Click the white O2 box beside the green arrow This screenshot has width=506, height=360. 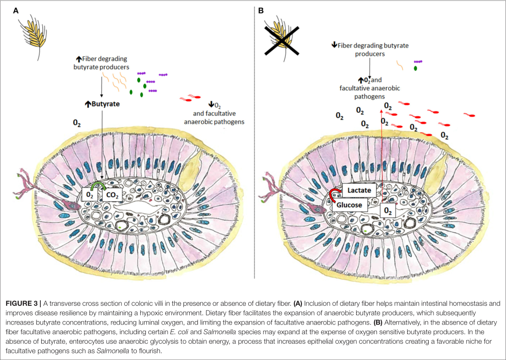coord(89,195)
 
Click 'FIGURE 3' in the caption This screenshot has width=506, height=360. coord(23,303)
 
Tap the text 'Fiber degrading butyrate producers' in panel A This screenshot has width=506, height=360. coord(100,63)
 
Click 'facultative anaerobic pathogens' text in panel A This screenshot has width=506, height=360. coord(214,118)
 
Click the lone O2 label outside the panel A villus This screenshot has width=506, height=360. coord(77,123)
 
